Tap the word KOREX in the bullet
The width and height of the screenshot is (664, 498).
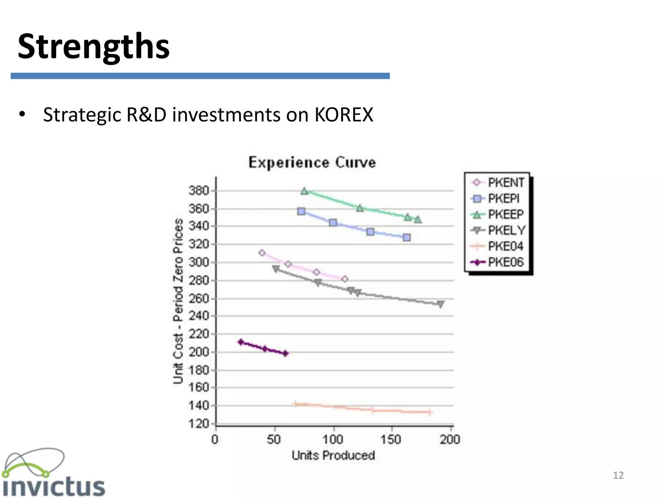344,115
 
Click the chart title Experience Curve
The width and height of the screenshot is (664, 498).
312,162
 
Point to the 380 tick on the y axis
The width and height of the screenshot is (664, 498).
199,190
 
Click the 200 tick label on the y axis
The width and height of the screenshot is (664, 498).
199,352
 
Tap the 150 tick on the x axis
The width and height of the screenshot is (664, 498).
391,440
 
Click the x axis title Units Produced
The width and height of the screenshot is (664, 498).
333,456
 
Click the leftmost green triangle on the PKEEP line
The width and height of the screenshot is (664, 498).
304,191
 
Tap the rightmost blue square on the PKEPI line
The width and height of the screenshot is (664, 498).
407,238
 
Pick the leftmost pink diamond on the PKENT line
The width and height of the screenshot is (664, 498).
262,253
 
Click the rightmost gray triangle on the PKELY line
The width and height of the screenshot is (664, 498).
440,304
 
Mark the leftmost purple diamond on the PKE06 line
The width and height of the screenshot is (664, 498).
241,342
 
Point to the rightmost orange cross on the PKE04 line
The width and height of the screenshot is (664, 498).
429,412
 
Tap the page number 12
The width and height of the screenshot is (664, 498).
618,475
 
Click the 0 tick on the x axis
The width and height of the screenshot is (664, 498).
215,440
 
